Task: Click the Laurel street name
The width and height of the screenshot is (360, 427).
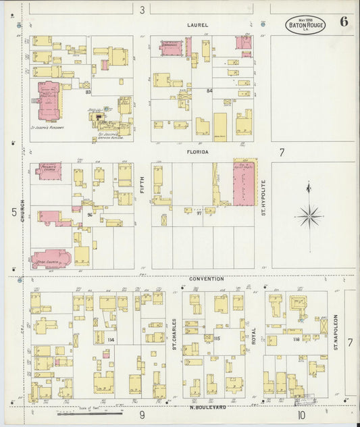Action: pos(199,25)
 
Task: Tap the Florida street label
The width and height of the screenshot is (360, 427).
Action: pos(199,153)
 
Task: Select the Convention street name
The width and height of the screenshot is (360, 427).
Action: pos(205,278)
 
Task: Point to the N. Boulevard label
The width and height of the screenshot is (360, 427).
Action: pos(208,407)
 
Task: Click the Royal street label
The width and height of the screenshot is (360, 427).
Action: pos(254,331)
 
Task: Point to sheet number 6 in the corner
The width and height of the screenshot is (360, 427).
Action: pos(344,21)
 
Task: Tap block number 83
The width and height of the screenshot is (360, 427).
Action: pos(98,92)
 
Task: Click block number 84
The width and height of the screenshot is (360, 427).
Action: pos(209,91)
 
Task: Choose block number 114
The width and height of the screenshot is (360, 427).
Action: pos(111,340)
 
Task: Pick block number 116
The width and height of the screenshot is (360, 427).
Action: pos(296,339)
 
